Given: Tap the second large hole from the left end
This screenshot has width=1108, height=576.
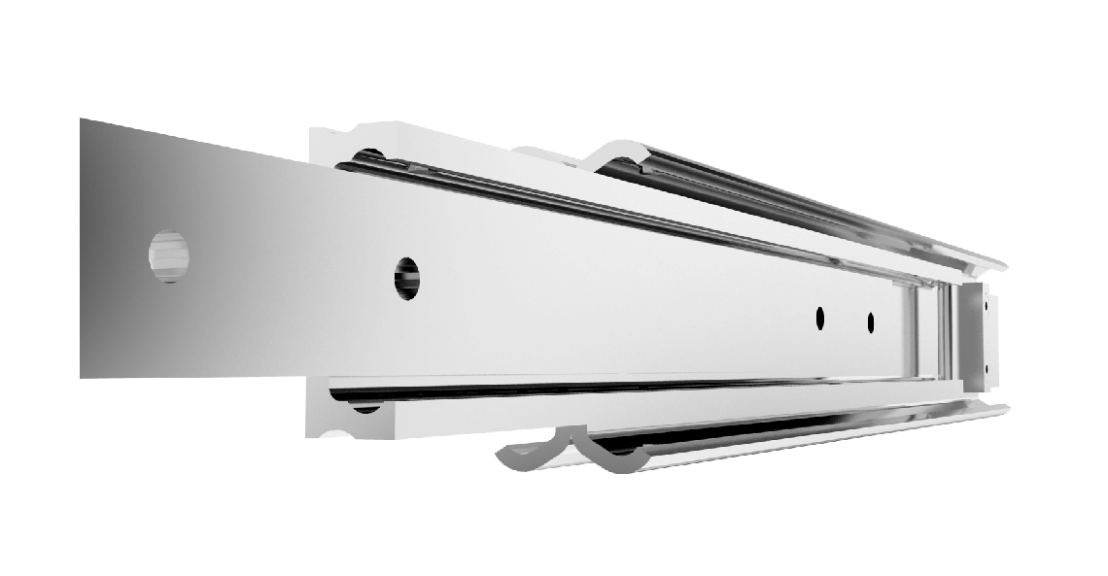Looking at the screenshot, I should [408, 278].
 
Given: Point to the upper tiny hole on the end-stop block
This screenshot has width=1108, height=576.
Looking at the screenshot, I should [987, 309].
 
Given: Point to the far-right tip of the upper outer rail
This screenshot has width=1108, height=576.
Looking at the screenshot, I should [1003, 264].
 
